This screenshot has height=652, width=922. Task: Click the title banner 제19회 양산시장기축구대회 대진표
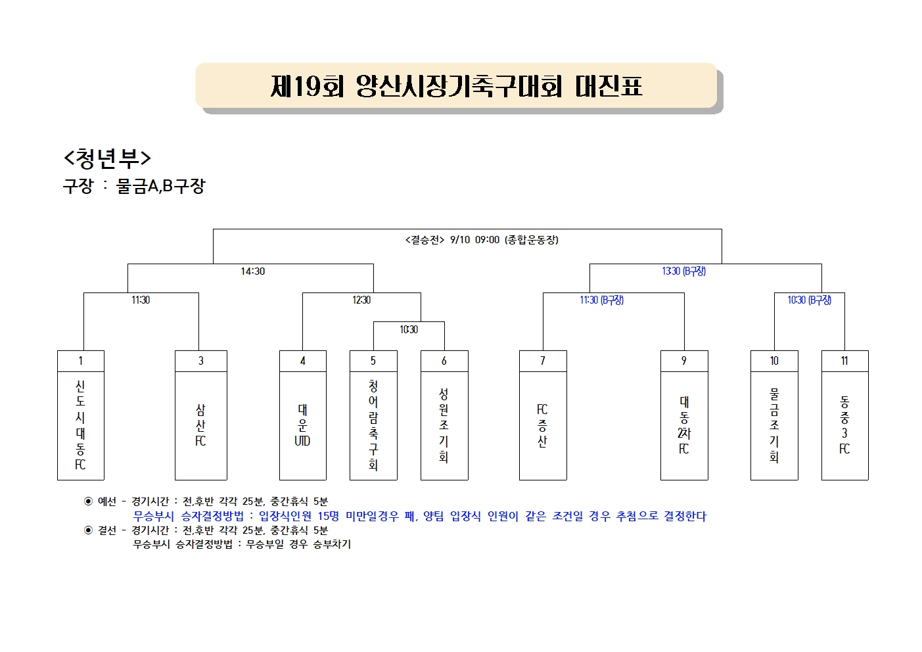pyautogui.click(x=456, y=85)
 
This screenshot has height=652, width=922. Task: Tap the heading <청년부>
pyautogui.click(x=107, y=158)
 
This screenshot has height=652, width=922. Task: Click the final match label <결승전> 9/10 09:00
pyautogui.click(x=482, y=239)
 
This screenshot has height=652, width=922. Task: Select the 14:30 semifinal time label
pyautogui.click(x=253, y=271)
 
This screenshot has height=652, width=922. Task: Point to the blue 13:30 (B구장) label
pyautogui.click(x=683, y=271)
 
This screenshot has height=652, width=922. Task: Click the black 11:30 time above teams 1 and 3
pyautogui.click(x=141, y=300)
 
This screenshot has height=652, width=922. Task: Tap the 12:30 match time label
pyautogui.click(x=361, y=300)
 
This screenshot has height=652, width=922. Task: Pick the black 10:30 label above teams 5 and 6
pyautogui.click(x=409, y=329)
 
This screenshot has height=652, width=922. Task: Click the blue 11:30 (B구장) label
pyautogui.click(x=601, y=300)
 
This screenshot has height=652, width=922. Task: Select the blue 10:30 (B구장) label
pyautogui.click(x=809, y=300)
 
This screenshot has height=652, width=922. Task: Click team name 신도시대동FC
pyautogui.click(x=80, y=425)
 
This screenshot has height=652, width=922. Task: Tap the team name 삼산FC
pyautogui.click(x=200, y=425)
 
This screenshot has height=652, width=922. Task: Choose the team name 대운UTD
pyautogui.click(x=302, y=425)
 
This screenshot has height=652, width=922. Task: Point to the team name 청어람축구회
pyautogui.click(x=373, y=425)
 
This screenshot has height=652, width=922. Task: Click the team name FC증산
pyautogui.click(x=543, y=425)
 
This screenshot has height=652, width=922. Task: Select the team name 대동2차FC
pyautogui.click(x=684, y=425)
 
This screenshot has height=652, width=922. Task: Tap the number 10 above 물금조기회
pyautogui.click(x=774, y=361)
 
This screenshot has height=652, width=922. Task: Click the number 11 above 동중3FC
pyautogui.click(x=844, y=361)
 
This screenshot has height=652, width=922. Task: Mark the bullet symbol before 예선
pyautogui.click(x=88, y=501)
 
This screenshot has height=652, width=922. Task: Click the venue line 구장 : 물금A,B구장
pyautogui.click(x=134, y=186)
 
